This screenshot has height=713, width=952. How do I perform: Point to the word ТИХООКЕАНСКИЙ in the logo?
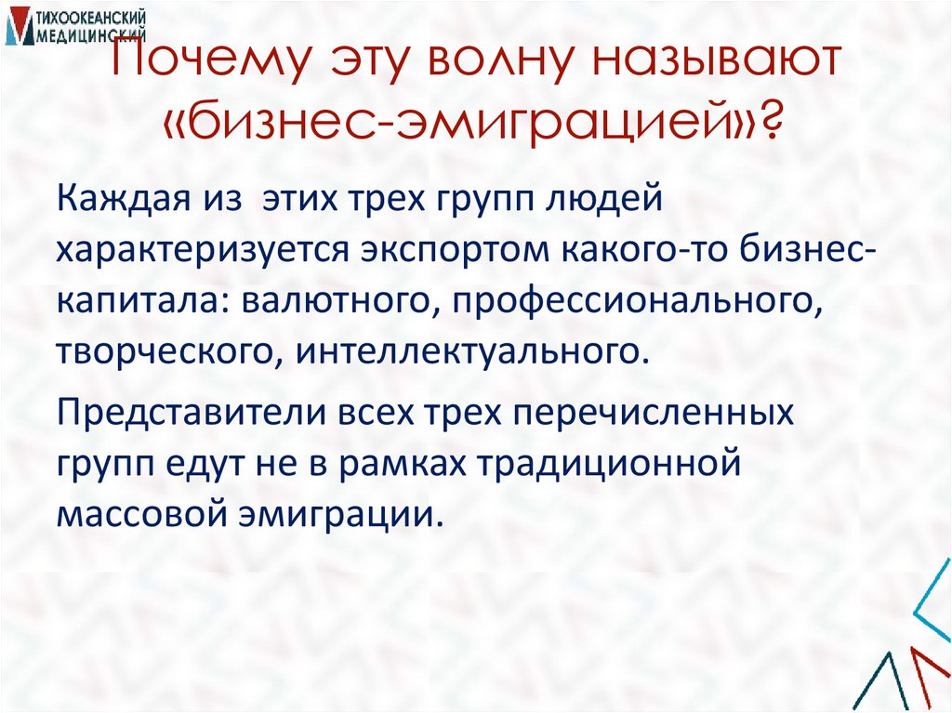[x=91, y=18]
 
